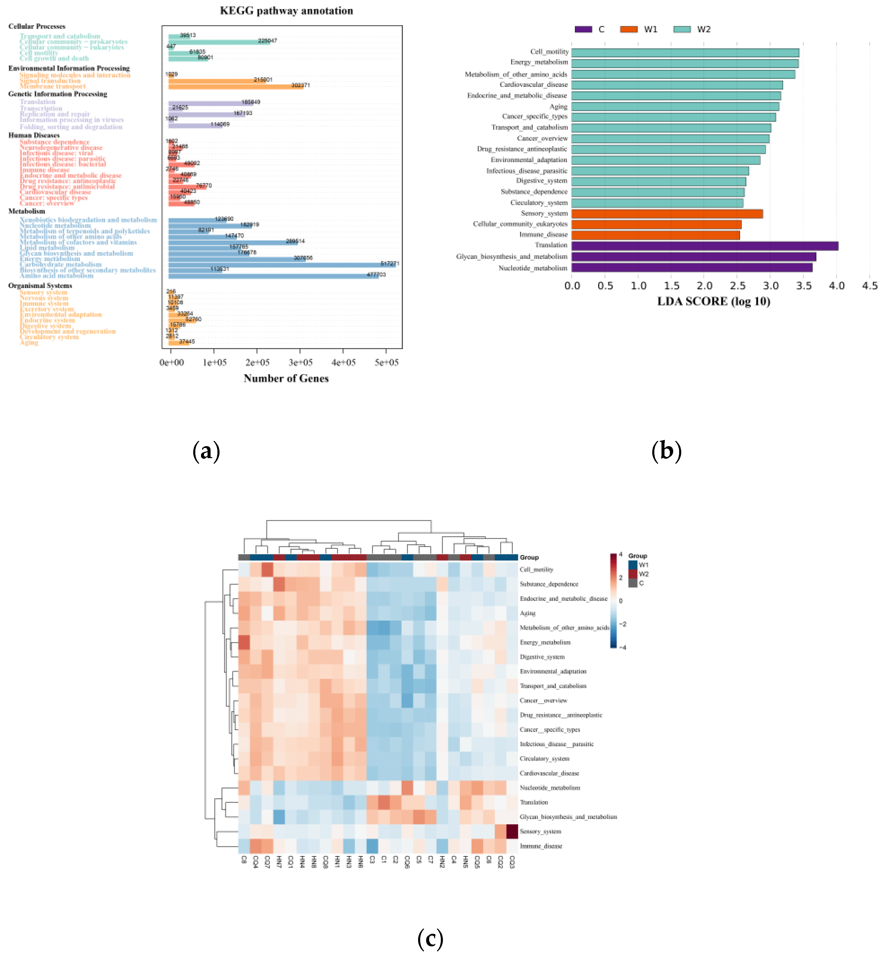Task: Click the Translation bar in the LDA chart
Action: [704, 246]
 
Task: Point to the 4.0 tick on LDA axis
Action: [836, 286]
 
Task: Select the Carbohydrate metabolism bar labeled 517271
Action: [282, 264]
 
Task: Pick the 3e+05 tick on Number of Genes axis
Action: [300, 362]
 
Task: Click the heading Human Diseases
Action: [34, 135]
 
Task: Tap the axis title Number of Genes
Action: [286, 378]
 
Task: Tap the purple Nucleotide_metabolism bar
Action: [691, 268]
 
